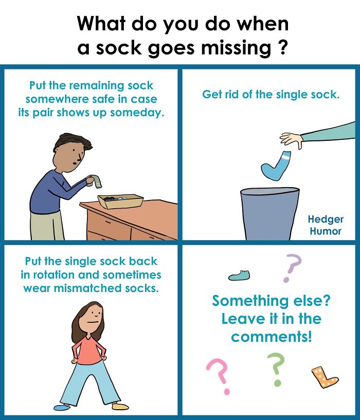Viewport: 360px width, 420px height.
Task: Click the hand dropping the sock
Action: tap(292, 139)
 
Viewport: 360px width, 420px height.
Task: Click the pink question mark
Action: tap(219, 375)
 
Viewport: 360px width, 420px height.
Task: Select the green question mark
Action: tap(276, 368)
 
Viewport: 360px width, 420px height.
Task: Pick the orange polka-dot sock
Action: tap(324, 377)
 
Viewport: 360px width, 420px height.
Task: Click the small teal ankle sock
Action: tap(239, 276)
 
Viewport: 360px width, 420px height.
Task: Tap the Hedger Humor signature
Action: tap(326, 225)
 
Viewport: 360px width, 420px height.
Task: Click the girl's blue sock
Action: tap(62, 407)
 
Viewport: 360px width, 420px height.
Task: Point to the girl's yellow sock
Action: tap(120, 406)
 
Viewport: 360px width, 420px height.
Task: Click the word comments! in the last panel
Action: tap(271, 337)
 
